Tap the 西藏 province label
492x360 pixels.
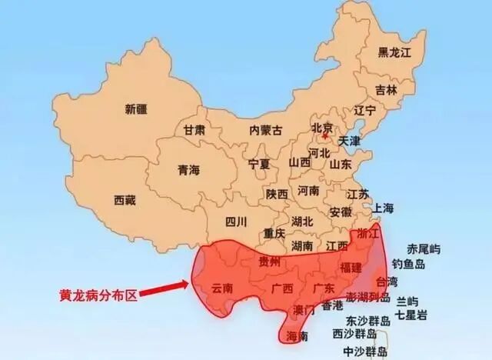125,201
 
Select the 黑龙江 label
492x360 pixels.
395,52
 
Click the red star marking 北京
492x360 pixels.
324,139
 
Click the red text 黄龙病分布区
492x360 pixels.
98,294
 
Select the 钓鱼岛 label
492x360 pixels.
408,264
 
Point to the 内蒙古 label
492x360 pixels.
266,131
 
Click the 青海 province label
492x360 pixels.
188,169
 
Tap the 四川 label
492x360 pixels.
237,222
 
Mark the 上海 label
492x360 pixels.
383,208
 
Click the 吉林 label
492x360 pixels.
387,90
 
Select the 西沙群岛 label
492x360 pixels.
354,334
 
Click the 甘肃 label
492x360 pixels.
194,130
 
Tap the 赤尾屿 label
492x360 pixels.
424,248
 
